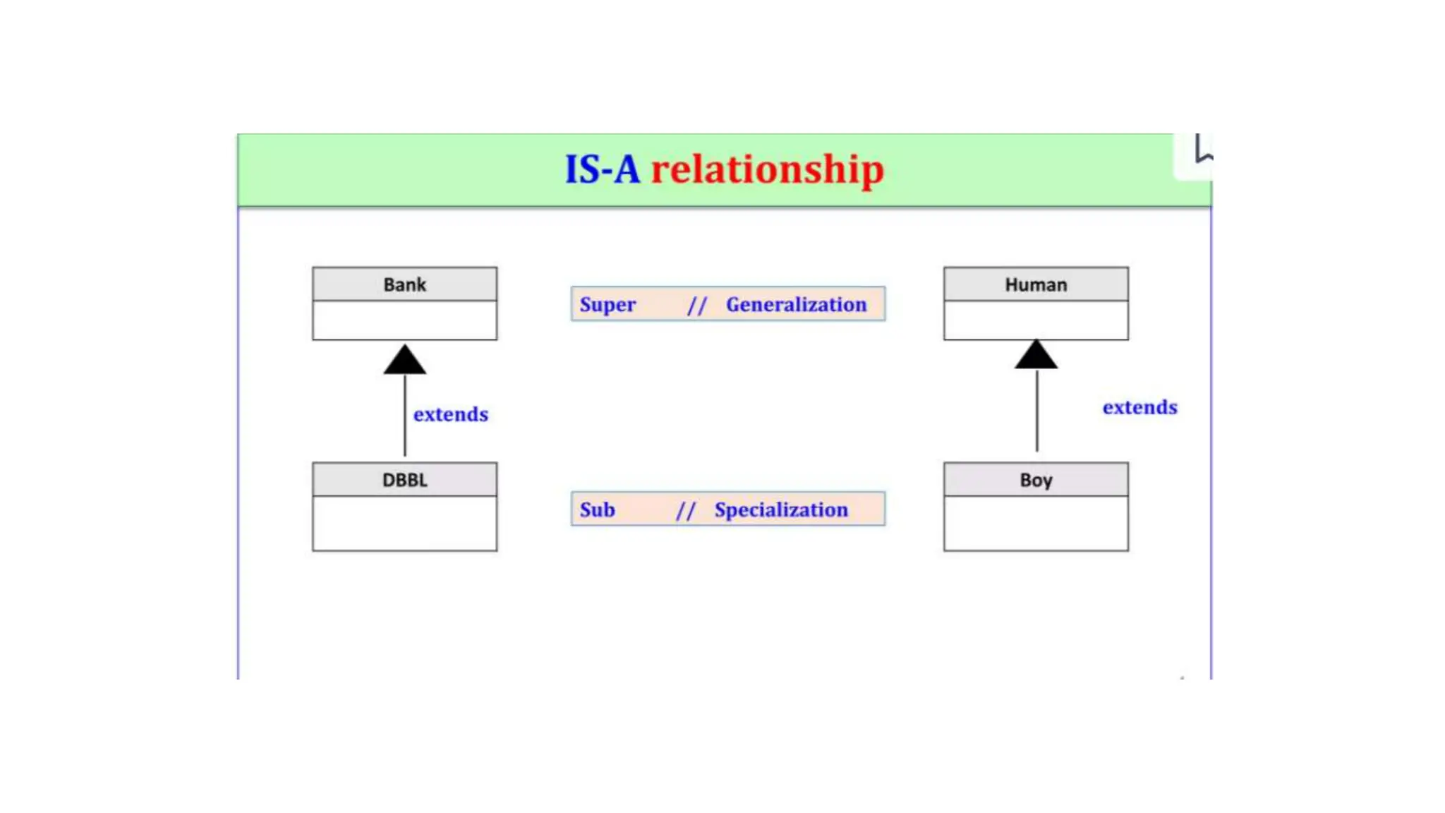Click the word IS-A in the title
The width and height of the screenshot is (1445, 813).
[602, 169]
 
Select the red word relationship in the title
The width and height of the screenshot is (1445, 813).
[767, 169]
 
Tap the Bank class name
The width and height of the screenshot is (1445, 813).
[404, 284]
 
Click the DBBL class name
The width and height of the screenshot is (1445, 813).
[404, 480]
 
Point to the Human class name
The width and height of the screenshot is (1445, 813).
[1036, 284]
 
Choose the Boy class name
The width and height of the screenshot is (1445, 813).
[1036, 480]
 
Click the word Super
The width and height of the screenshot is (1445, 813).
[607, 304]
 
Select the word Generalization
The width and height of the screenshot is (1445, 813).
[796, 304]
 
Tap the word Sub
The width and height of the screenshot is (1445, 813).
[597, 510]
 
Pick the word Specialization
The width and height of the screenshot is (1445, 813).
[781, 510]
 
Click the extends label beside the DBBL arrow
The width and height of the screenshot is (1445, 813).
[450, 414]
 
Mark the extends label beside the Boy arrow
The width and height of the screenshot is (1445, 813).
[1139, 407]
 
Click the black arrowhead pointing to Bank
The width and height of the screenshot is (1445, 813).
[404, 360]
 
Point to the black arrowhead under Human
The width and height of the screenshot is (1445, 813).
[1036, 355]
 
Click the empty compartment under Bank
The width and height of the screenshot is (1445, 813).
[404, 320]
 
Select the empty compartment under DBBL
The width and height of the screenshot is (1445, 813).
[404, 523]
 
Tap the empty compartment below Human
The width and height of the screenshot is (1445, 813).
[1036, 320]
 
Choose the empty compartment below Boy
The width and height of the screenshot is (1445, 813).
[1036, 523]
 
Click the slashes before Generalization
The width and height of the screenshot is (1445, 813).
[697, 305]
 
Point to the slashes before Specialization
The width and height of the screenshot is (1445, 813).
[686, 510]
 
